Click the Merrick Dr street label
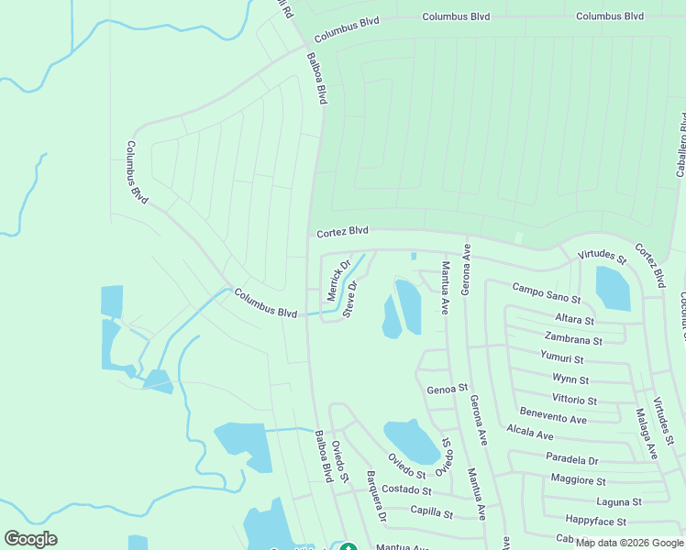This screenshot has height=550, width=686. [x=339, y=280]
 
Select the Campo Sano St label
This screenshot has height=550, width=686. [x=547, y=292]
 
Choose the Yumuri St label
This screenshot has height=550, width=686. [x=561, y=359]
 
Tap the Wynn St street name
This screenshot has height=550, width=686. [x=570, y=379]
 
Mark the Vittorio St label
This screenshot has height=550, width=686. [x=574, y=400]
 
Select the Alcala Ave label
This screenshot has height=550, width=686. [x=530, y=433]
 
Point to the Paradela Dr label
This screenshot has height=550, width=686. [x=571, y=458]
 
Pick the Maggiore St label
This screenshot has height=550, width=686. [x=578, y=479]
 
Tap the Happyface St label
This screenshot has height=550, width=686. [x=596, y=521]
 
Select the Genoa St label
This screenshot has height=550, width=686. [x=448, y=389]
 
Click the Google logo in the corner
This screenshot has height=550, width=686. [x=30, y=539]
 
